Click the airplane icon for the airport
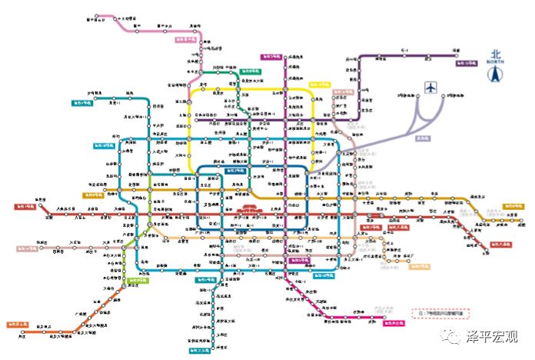pos(430,88)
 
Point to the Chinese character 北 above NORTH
pos(496,54)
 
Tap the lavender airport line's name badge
pos(421,138)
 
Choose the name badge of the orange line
pos(18,325)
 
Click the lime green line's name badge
pos(138,281)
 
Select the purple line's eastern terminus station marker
pos(456,55)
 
